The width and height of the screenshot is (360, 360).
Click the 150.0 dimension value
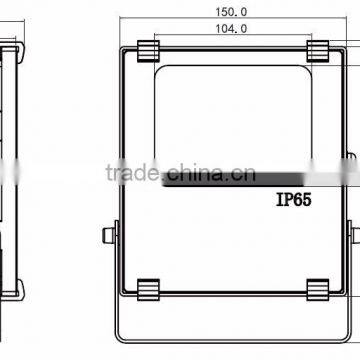tap(231, 12)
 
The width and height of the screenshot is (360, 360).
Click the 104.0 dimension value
tap(231, 29)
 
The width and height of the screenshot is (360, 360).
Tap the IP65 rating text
tap(294, 200)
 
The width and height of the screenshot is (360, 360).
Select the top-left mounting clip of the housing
tap(148, 51)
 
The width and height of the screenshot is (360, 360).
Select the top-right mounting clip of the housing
tap(318, 51)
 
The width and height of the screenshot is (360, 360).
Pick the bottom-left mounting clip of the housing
tap(148, 290)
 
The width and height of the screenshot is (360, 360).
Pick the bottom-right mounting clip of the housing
tap(318, 290)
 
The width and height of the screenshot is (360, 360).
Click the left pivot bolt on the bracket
tap(109, 235)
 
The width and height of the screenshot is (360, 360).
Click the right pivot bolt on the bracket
tap(356, 235)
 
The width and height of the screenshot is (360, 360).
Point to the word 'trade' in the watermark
tap(132, 173)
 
